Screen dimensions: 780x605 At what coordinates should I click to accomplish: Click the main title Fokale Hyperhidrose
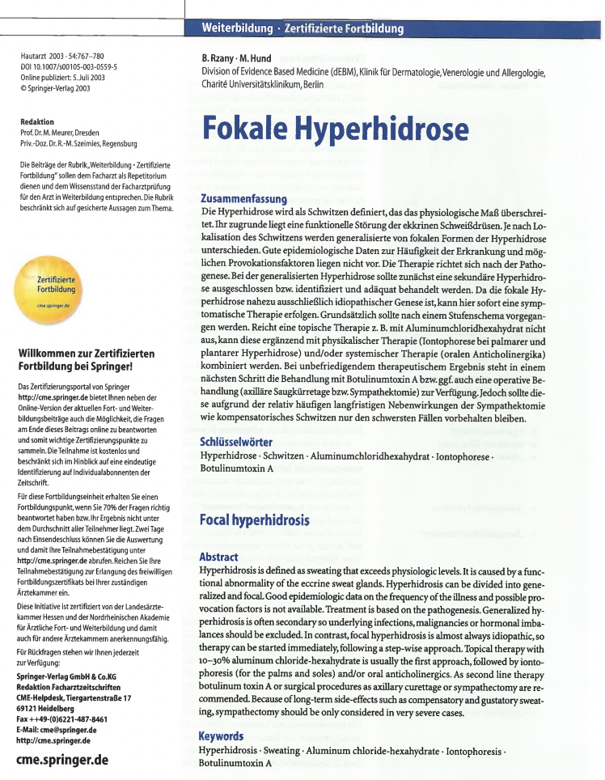pos(334,130)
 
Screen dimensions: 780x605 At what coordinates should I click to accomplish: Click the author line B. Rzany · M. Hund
pos(236,58)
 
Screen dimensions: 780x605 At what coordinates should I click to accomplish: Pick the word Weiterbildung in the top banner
pos(237,28)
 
